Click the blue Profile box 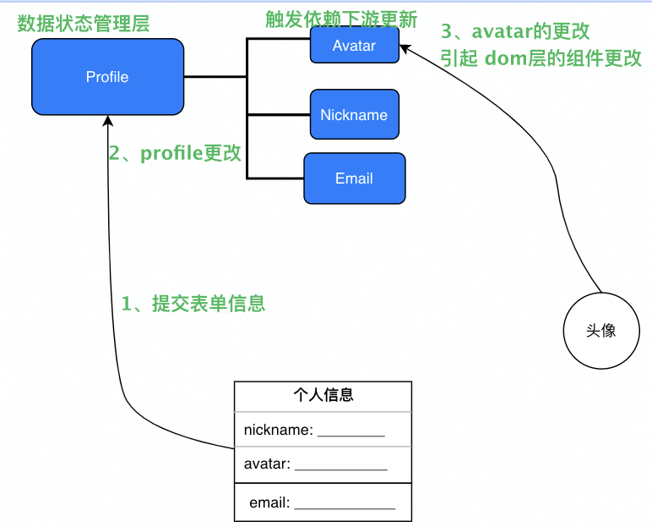point(108,77)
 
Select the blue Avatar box point(355,45)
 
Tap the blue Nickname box point(355,114)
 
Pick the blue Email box point(355,178)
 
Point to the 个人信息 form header point(323,395)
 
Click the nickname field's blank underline point(351,436)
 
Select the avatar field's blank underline point(341,469)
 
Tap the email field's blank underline point(345,508)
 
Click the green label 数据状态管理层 point(83,24)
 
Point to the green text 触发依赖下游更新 point(341,19)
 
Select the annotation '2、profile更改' point(175,153)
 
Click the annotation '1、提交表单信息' point(193,304)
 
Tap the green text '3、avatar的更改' point(515,31)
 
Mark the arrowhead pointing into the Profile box point(108,120)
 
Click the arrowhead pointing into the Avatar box point(405,48)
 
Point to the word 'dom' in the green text point(506,58)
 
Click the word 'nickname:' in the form point(278,430)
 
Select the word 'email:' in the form point(269,502)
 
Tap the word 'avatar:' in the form point(267,464)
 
